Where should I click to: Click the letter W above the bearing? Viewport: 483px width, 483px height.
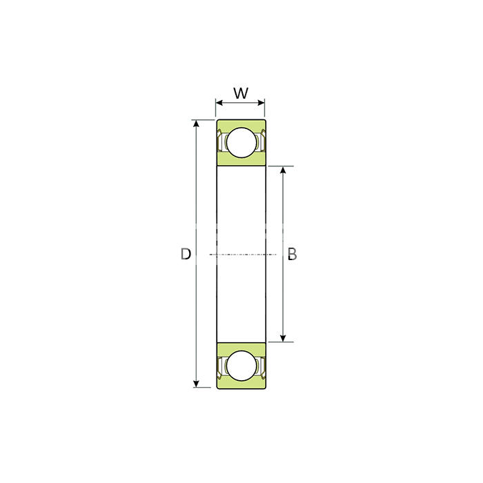241,93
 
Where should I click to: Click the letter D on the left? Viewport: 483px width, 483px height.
186,254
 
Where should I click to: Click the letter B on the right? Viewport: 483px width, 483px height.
292,254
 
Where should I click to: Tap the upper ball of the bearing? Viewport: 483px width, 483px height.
241,143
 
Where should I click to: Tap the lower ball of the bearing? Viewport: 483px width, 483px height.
241,366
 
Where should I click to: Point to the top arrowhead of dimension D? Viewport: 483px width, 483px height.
196,124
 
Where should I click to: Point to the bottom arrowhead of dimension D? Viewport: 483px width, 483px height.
196,384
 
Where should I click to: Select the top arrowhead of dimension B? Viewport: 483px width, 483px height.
283,170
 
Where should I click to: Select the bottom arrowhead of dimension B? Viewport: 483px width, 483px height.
283,338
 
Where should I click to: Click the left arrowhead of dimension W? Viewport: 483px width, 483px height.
219,103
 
